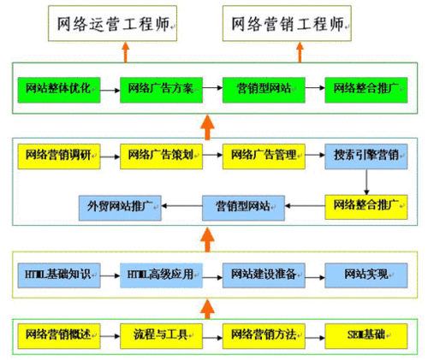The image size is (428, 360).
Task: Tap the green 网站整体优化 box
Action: pyautogui.click(x=58, y=87)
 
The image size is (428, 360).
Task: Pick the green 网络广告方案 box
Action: pyautogui.click(x=161, y=87)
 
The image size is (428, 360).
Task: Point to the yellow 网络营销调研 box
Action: pyautogui.click(x=58, y=155)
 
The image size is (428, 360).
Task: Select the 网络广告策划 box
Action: pyautogui.click(x=161, y=155)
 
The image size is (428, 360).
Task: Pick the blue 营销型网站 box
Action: pyautogui.click(x=242, y=204)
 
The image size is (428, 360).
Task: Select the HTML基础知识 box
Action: pyautogui.click(x=58, y=274)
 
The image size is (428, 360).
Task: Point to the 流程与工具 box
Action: pyautogui.click(x=161, y=333)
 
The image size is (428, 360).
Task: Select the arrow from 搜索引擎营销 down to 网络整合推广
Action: pyautogui.click(x=366, y=180)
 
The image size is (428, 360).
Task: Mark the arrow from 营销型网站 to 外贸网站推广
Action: pyautogui.click(x=181, y=204)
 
